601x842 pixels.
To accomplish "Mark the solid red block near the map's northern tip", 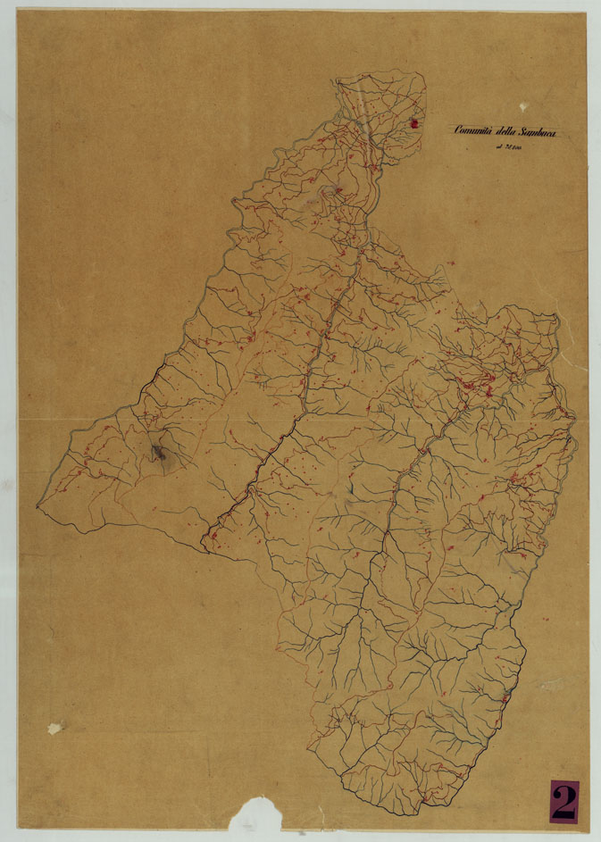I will tap(413, 125).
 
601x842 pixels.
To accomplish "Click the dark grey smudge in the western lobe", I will tap(161, 454).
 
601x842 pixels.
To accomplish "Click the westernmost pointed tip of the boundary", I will tap(38, 506).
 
